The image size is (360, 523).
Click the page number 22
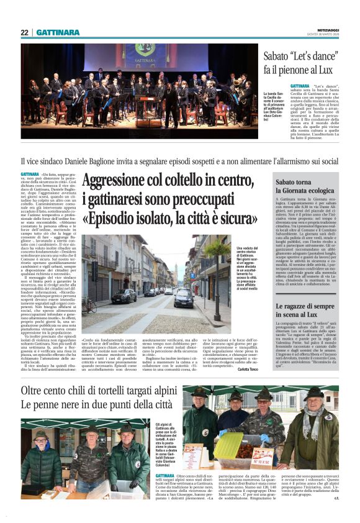pyautogui.click(x=24, y=32)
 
